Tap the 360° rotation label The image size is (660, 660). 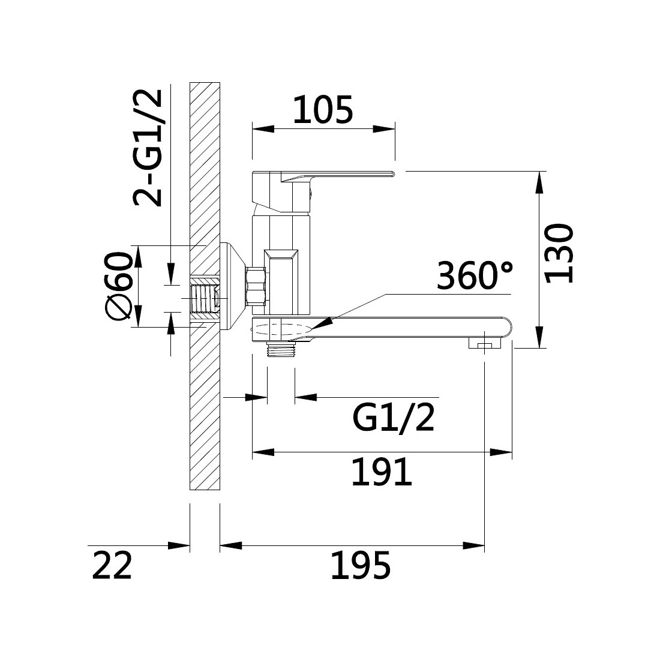475,276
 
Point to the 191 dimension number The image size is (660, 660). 382,472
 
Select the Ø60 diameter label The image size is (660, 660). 118,286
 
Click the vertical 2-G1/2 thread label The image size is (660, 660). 148,148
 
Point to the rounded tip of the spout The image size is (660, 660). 506,327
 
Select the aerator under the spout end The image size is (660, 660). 484,343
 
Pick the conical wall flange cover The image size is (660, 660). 232,286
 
